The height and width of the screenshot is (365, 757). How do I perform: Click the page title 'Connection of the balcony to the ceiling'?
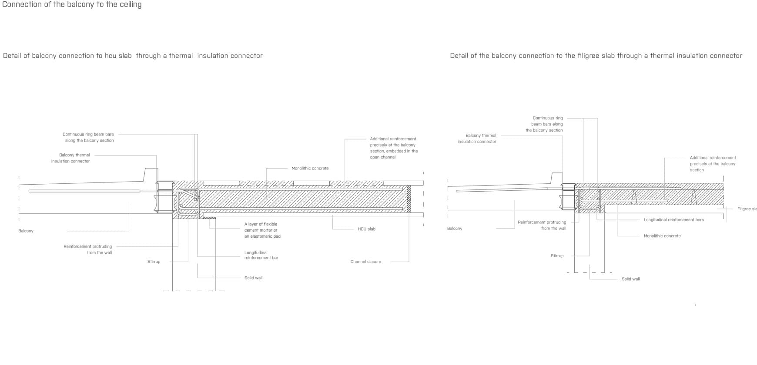72,5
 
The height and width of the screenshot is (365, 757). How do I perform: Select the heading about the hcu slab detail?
133,56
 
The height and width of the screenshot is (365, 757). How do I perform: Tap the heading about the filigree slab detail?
596,56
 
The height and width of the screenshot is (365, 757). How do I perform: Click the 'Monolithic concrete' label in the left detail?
310,168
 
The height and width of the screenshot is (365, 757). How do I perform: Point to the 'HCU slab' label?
366,229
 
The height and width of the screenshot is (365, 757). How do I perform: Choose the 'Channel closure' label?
365,262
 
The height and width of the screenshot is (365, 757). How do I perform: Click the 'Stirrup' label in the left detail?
154,262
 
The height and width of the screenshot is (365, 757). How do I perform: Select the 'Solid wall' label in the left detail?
253,278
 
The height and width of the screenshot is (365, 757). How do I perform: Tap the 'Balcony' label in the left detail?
26,231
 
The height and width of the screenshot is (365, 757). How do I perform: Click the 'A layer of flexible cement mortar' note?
262,230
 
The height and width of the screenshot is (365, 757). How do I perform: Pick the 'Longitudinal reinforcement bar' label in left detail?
261,255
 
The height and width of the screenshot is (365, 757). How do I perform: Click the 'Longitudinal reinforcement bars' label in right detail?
673,220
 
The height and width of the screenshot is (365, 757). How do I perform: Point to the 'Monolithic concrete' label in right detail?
662,236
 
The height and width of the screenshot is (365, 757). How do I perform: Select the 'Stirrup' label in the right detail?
557,256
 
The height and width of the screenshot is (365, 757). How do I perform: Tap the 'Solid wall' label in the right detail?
630,279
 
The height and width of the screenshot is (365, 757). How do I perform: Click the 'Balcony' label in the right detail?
455,228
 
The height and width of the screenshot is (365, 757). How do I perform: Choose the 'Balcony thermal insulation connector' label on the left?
70,158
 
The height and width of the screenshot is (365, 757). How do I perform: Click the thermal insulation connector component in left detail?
165,197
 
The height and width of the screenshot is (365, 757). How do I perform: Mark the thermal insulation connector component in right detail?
568,196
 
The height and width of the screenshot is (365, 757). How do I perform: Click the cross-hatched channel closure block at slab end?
409,199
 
